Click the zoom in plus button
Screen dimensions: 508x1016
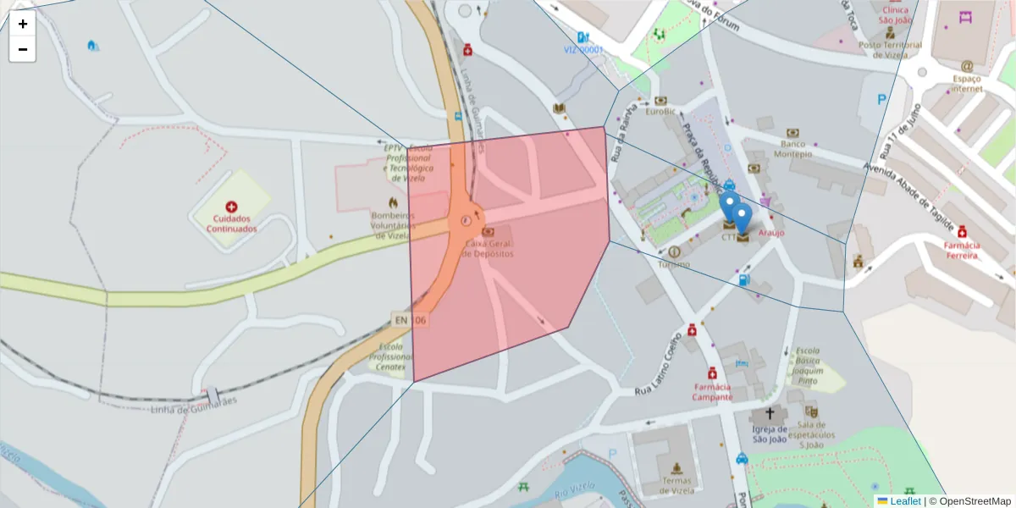pyautogui.click(x=23, y=24)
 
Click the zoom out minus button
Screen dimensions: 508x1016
pyautogui.click(x=23, y=49)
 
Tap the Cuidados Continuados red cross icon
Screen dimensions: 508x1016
pyautogui.click(x=231, y=207)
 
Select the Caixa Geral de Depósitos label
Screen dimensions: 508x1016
pyautogui.click(x=489, y=249)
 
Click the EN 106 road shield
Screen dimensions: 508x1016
pyautogui.click(x=410, y=320)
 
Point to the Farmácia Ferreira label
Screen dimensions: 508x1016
pyautogui.click(x=962, y=250)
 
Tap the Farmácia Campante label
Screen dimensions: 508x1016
pyautogui.click(x=711, y=392)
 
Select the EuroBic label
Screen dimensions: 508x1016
pyautogui.click(x=660, y=111)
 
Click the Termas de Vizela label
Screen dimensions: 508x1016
pyautogui.click(x=676, y=485)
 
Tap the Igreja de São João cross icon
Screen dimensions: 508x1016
pyautogui.click(x=770, y=414)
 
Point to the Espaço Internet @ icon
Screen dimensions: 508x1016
pyautogui.click(x=966, y=66)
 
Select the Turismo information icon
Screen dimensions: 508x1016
pyautogui.click(x=675, y=251)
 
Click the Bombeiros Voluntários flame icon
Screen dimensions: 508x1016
pyautogui.click(x=393, y=203)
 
